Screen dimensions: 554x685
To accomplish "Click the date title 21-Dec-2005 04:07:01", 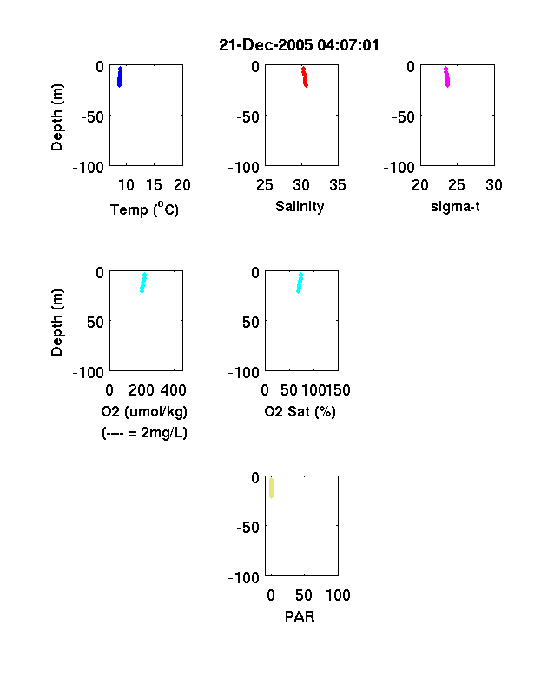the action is pyautogui.click(x=299, y=45).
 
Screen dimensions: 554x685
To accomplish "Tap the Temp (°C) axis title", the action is pyautogui.click(x=144, y=209).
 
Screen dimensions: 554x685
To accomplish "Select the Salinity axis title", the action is pyautogui.click(x=300, y=206).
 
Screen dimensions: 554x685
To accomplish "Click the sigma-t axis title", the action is pyautogui.click(x=455, y=207).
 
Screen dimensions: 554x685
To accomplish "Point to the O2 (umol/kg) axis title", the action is pyautogui.click(x=144, y=411).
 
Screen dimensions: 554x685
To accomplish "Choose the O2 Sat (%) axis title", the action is pyautogui.click(x=300, y=411).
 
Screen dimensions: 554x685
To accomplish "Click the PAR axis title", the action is pyautogui.click(x=300, y=616).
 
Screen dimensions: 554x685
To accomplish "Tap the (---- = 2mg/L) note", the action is pyautogui.click(x=144, y=433).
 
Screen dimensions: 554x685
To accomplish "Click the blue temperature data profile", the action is pyautogui.click(x=120, y=76).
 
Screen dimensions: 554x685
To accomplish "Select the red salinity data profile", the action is pyautogui.click(x=305, y=76).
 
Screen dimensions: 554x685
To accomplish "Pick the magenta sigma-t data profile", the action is pyautogui.click(x=446, y=76).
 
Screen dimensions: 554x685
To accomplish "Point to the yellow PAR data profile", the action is pyautogui.click(x=271, y=488).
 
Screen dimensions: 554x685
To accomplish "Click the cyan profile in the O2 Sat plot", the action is pyautogui.click(x=300, y=283).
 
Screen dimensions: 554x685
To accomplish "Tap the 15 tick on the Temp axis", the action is pyautogui.click(x=154, y=185).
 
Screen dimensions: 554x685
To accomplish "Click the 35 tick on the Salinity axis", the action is pyautogui.click(x=338, y=185).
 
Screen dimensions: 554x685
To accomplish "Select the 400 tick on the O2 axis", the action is pyautogui.click(x=174, y=390).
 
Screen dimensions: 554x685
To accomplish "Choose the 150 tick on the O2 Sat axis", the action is pyautogui.click(x=339, y=390).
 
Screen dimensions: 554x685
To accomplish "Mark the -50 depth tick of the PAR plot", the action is pyautogui.click(x=248, y=528).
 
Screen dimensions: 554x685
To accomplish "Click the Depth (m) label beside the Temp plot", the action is pyautogui.click(x=56, y=117).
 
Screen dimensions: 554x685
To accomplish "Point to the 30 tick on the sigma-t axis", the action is pyautogui.click(x=494, y=185).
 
